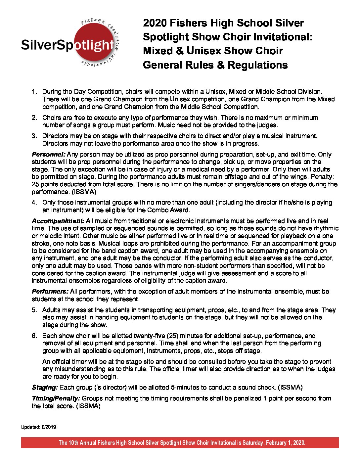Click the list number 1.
pyautogui.click(x=34, y=92)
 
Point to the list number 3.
pyautogui.click(x=34, y=136)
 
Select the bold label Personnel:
pyautogui.click(x=49, y=154)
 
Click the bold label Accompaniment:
pyautogui.click(x=58, y=221)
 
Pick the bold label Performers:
pyautogui.click(x=50, y=292)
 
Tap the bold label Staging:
pyautogui.click(x=45, y=388)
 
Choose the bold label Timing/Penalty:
pyautogui.click(x=56, y=398)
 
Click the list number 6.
pyautogui.click(x=34, y=336)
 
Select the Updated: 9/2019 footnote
pyautogui.click(x=39, y=427)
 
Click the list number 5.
pyautogui.click(x=34, y=310)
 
